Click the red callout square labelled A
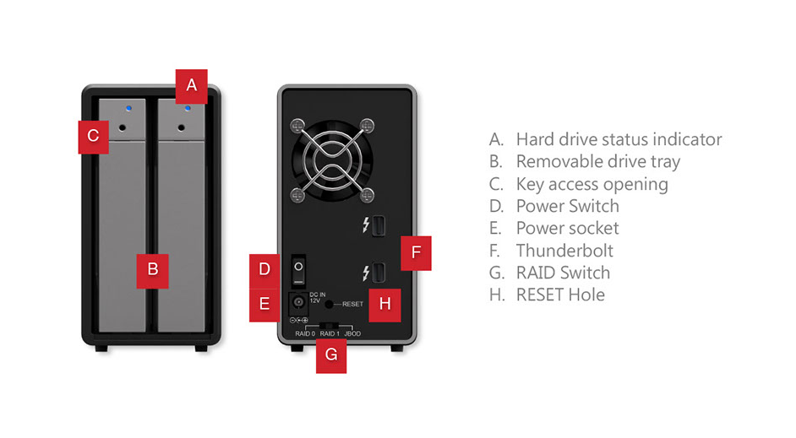(191, 84)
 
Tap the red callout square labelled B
(153, 270)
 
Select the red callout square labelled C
(93, 135)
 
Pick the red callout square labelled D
(264, 270)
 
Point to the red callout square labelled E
(264, 304)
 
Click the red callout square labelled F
(416, 252)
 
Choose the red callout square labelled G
(330, 355)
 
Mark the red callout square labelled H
(384, 305)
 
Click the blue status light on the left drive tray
(128, 108)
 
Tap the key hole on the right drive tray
(184, 129)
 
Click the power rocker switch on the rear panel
(297, 271)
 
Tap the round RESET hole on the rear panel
(330, 304)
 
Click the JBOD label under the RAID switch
(353, 334)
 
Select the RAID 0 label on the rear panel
(304, 334)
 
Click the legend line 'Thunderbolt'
(564, 251)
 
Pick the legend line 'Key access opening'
(592, 184)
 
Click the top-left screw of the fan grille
(297, 127)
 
